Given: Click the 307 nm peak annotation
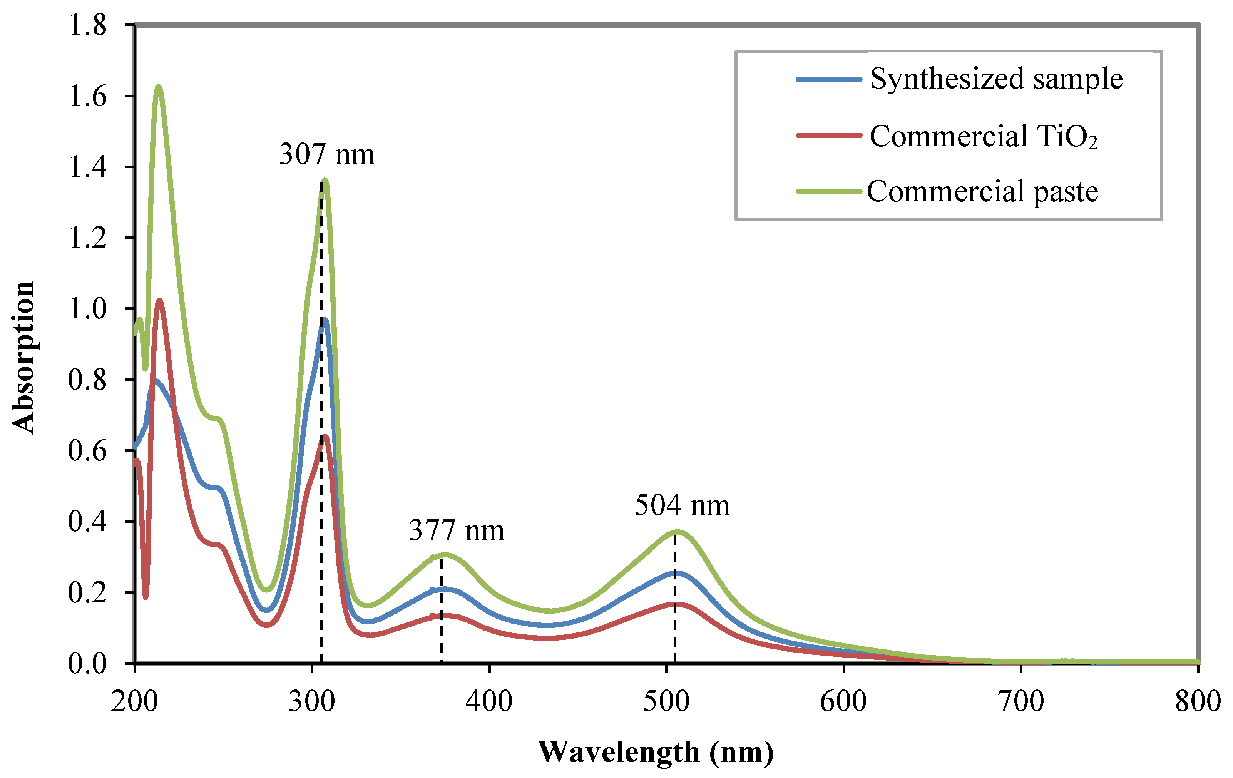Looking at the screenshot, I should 327,154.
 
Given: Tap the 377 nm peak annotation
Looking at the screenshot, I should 456,530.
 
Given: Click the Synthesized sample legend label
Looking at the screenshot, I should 996,79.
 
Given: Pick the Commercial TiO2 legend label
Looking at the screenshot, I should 983,136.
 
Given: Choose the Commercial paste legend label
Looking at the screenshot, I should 982,192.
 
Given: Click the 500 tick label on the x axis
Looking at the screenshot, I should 666,701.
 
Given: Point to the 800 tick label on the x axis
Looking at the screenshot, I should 1197,701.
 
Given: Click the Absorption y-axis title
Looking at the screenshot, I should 23,358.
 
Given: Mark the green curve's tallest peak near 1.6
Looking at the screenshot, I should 159,87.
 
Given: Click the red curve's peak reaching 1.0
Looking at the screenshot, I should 160,301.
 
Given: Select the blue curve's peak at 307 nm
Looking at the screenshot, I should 324,320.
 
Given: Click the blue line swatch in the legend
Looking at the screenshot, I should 828,79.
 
